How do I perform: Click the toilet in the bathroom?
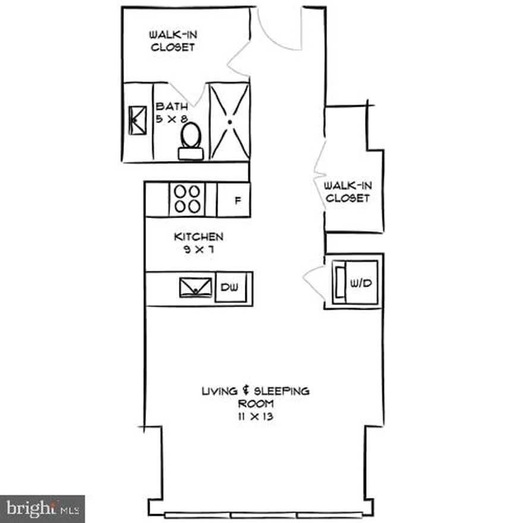point(191,140)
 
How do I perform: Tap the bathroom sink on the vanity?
point(138,121)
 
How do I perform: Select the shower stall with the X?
point(229,121)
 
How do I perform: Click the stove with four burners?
point(187,199)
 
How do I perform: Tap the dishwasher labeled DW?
point(231,288)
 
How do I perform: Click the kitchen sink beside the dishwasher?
point(196,287)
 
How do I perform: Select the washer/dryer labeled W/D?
point(355,282)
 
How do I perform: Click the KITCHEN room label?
point(199,237)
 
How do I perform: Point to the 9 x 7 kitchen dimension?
point(198,250)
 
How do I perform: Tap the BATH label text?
point(172,107)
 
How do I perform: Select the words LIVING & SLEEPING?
point(256,392)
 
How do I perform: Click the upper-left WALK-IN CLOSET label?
point(172,41)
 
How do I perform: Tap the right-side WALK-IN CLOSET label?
point(347,192)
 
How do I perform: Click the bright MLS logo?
point(42,509)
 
